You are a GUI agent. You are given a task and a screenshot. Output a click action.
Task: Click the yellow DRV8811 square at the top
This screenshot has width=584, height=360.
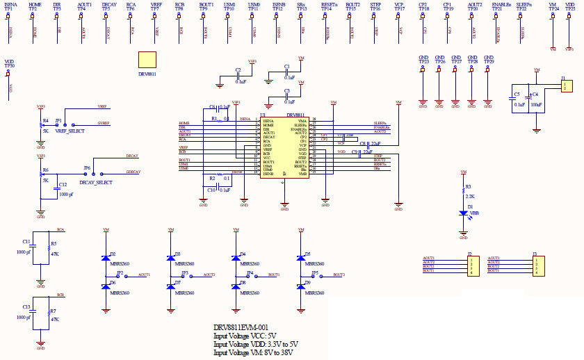[x=147, y=60]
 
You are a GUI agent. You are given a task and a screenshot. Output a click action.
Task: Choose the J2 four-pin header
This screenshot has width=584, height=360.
[x=470, y=265]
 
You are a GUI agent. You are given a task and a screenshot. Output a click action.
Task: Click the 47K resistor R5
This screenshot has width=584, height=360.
[x=47, y=249]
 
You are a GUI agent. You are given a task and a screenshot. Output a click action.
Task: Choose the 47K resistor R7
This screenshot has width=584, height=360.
[x=47, y=315]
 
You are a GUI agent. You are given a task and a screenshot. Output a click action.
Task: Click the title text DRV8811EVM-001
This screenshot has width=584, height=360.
[x=241, y=327]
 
